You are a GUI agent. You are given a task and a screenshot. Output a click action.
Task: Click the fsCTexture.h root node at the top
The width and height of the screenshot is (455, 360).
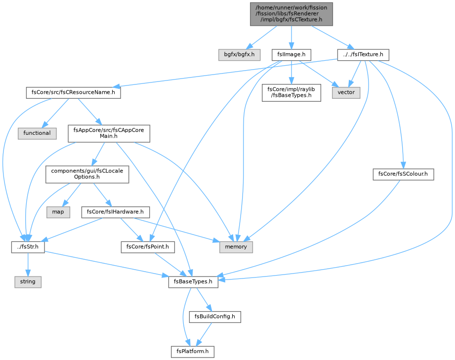[291, 14]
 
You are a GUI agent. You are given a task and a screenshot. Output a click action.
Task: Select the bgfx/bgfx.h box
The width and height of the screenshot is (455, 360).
[239, 54]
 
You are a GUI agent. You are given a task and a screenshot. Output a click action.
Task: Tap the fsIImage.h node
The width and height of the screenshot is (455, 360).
[291, 54]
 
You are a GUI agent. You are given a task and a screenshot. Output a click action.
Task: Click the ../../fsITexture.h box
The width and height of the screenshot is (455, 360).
[363, 54]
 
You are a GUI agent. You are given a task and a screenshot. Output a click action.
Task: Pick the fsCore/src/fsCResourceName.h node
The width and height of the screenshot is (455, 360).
[73, 92]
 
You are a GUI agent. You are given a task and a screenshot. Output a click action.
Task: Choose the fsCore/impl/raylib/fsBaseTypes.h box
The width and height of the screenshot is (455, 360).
[291, 92]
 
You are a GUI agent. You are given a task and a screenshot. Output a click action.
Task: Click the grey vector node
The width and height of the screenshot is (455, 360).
[346, 92]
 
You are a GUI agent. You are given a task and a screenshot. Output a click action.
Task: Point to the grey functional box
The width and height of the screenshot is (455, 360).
[37, 133]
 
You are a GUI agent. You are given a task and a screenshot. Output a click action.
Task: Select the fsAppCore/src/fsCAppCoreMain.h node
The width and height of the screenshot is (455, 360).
[109, 133]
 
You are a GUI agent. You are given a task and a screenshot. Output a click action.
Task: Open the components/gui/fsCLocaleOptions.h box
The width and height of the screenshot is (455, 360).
[87, 174]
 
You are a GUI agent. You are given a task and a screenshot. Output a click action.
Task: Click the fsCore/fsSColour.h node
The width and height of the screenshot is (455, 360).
[403, 174]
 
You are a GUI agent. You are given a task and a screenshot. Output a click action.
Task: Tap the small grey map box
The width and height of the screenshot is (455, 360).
[58, 212]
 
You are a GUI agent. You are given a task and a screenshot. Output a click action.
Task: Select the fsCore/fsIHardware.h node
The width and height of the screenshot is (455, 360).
[116, 212]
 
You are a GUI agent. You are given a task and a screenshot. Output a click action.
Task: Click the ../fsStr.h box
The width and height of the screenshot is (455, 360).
[28, 247]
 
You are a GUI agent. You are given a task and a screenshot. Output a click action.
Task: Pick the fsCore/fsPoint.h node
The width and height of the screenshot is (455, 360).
[148, 247]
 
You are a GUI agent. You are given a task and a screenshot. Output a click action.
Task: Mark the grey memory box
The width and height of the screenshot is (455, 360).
[236, 247]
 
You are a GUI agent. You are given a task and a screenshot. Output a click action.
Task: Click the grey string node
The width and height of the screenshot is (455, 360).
[28, 282]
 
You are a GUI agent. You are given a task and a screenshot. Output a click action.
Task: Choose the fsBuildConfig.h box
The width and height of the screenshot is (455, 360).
[215, 317]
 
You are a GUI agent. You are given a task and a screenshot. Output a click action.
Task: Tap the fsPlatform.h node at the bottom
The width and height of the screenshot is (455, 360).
[192, 352]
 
